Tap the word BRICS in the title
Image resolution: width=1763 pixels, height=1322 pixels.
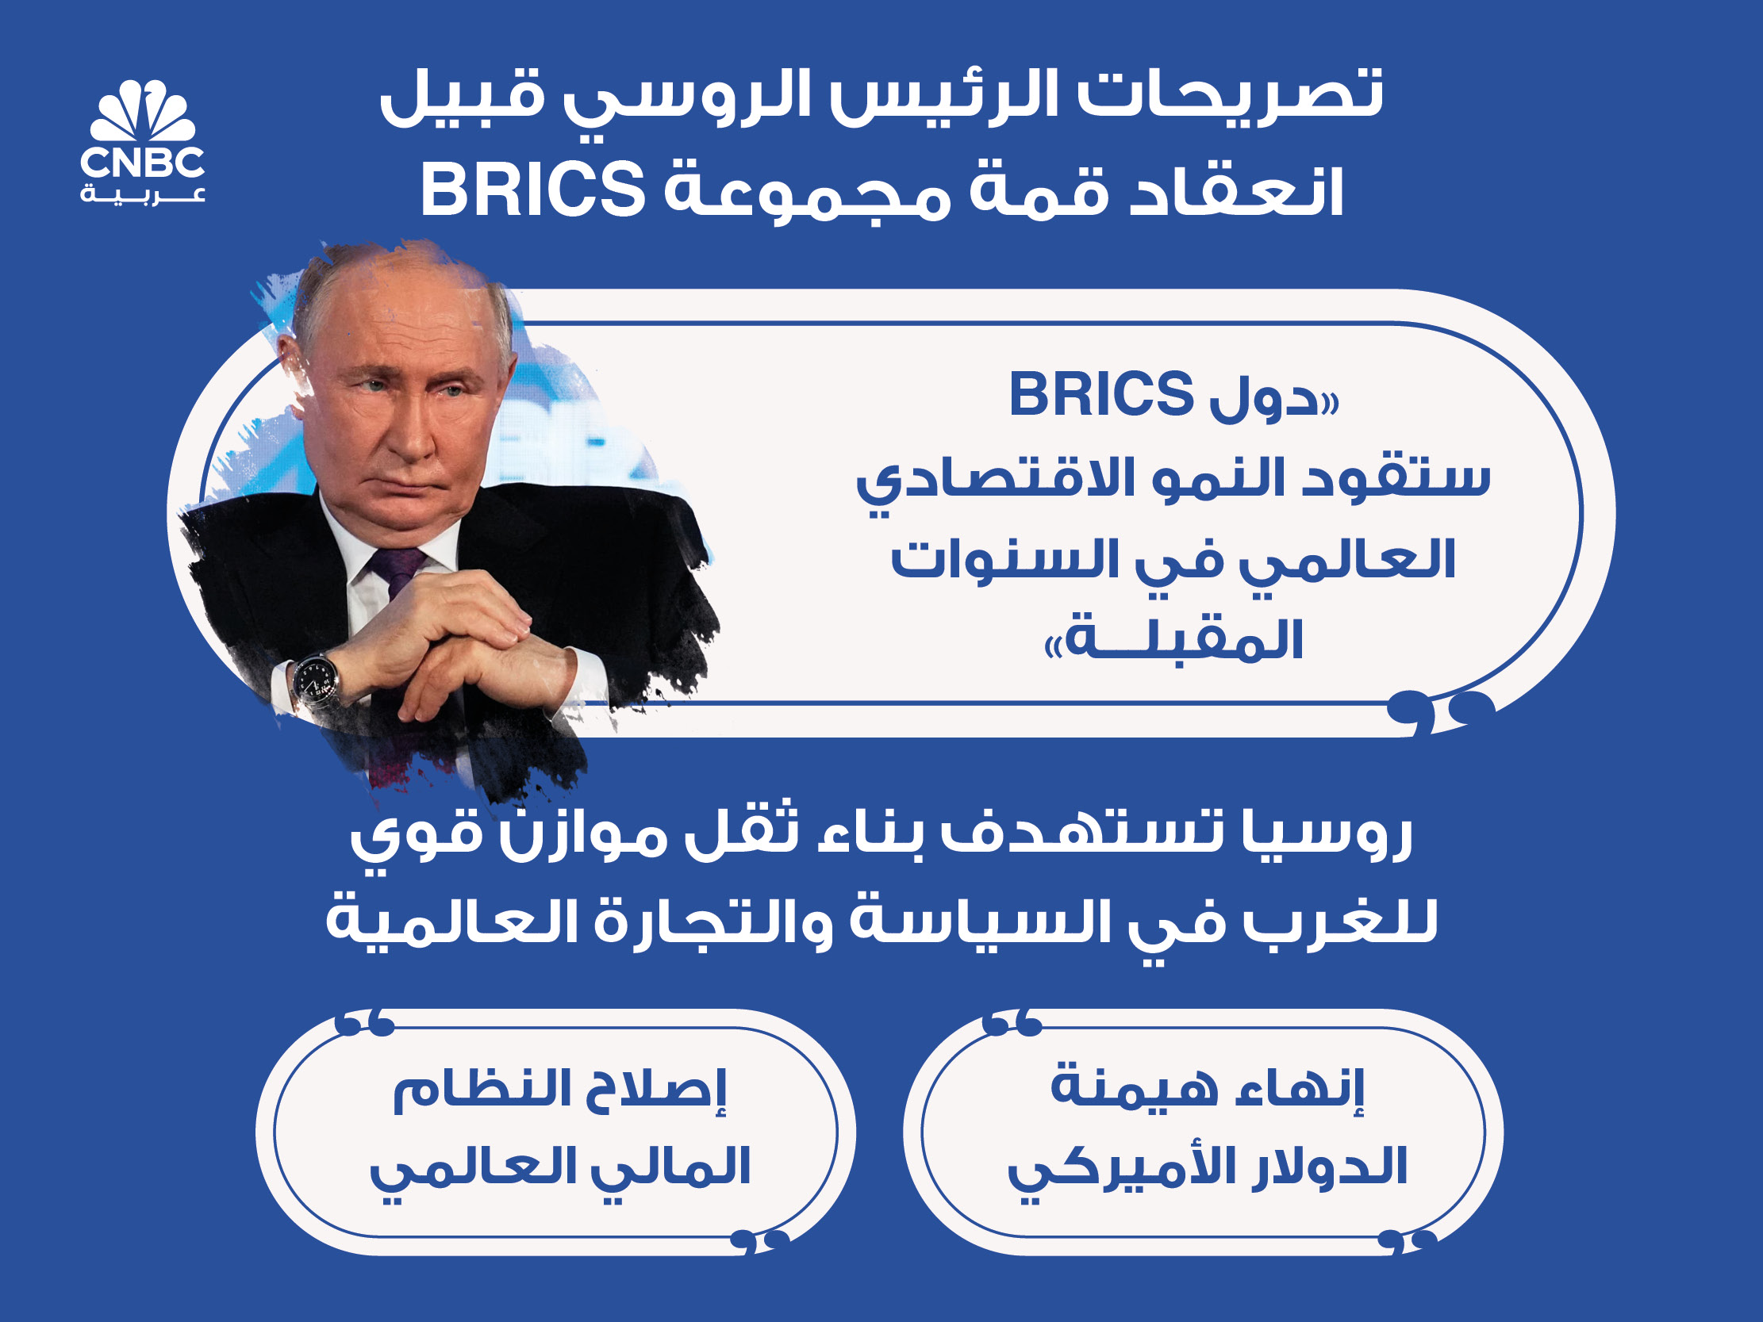point(532,190)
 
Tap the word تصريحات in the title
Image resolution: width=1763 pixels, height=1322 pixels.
point(1231,94)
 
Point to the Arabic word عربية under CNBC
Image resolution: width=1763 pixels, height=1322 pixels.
point(143,194)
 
